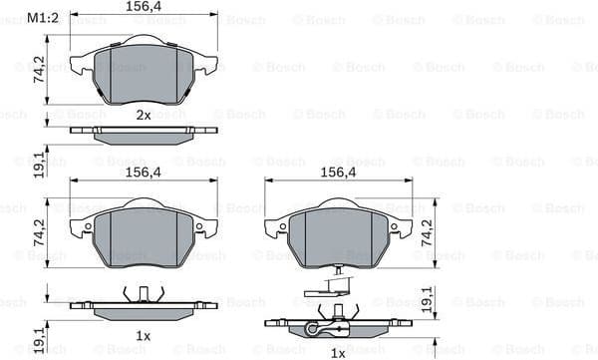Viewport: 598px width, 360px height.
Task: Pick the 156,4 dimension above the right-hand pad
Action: point(338,172)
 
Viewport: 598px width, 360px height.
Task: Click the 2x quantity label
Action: point(144,115)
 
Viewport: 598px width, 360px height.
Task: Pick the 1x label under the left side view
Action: point(144,336)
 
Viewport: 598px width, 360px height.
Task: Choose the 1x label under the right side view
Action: point(338,352)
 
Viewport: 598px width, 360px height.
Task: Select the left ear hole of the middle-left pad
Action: point(88,226)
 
